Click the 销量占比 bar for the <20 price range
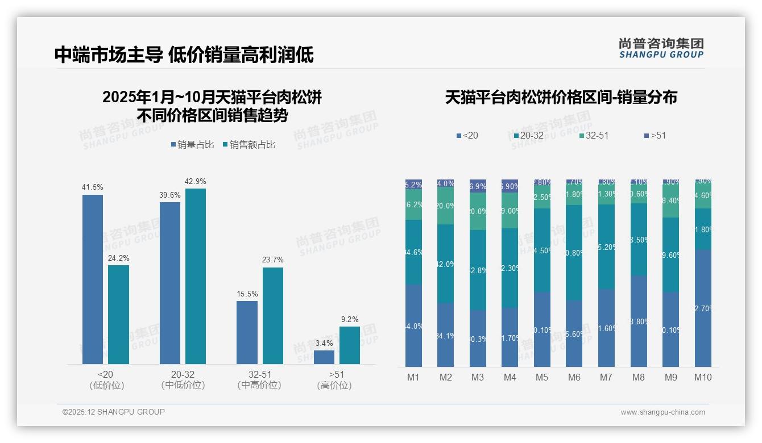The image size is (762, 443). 93,279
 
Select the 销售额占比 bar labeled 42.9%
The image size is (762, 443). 196,276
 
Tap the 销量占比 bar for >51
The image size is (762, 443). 324,357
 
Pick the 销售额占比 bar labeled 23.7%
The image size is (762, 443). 273,316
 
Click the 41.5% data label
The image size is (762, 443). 93,187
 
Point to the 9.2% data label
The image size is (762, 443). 350,319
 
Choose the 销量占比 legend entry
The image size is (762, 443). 192,145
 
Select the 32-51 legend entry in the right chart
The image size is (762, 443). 594,135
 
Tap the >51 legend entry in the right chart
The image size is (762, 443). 655,135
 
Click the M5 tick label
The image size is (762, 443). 541,377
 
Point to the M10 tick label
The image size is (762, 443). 703,377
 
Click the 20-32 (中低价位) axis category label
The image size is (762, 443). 183,379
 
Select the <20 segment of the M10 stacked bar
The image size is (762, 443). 703,308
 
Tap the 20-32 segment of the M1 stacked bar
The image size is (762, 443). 413,252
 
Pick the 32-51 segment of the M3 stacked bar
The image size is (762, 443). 478,211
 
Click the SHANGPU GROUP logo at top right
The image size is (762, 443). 661,48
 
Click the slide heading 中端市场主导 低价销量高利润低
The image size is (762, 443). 184,55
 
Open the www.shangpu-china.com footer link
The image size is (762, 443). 662,412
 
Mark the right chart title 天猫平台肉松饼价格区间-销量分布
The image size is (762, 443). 561,97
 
